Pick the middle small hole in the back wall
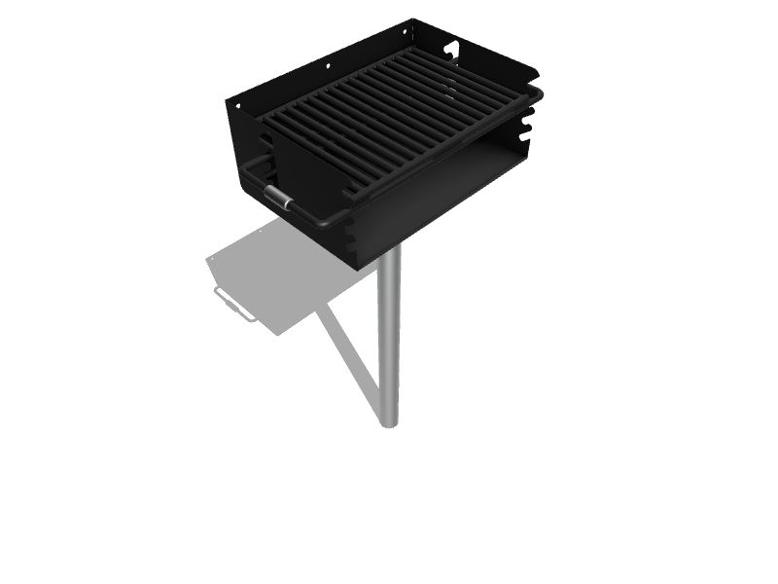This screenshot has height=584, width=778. pyautogui.click(x=328, y=65)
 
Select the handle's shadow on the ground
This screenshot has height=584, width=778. pyautogui.click(x=231, y=305)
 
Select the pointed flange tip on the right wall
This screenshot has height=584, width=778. pyautogui.click(x=539, y=71)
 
